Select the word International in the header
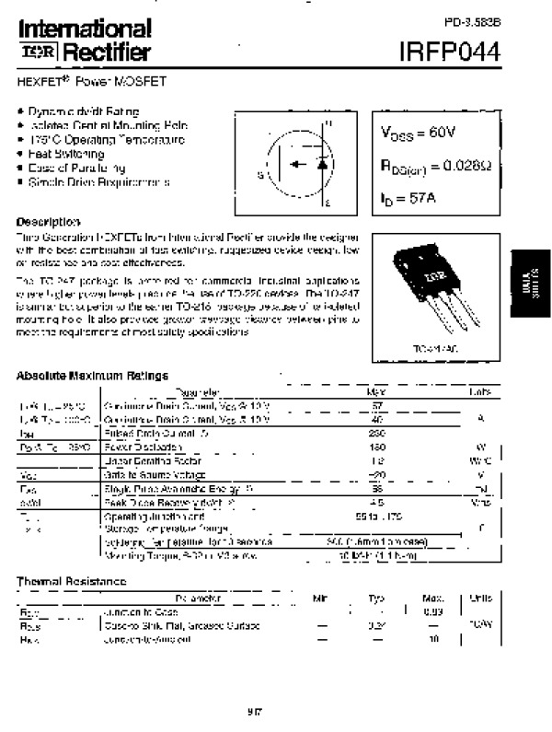pos(84,29)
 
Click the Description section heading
pos(48,223)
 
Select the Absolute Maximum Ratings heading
pos(92,375)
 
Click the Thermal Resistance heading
pos(71,581)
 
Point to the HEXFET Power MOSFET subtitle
pos(77,82)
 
